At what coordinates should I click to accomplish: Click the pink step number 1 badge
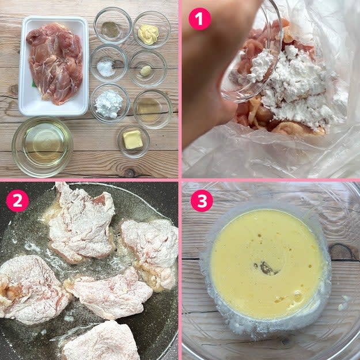[x=200, y=19]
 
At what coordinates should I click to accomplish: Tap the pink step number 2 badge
[x=17, y=201]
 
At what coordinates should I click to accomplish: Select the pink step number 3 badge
[x=202, y=201]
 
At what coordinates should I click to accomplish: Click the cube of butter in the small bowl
[x=133, y=139]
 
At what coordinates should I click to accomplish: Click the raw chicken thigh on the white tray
[x=55, y=63]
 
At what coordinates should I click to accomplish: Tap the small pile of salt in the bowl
[x=105, y=67]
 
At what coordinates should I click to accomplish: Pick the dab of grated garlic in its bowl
[x=146, y=70]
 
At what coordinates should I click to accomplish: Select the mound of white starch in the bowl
[x=109, y=104]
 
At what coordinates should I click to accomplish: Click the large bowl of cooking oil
[x=43, y=146]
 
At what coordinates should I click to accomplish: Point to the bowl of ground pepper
[x=113, y=25]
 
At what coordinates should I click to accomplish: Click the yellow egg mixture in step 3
[x=266, y=264]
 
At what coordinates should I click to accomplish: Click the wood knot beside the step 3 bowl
[x=342, y=252]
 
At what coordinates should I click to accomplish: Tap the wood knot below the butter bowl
[x=129, y=173]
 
